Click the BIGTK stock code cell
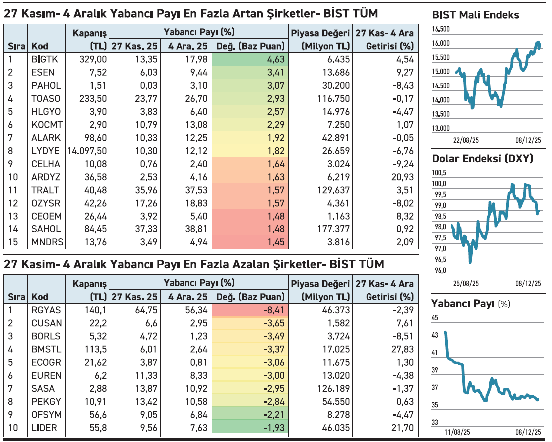coord(45,60)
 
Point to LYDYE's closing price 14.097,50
coord(87,151)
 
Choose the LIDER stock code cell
coord(44,428)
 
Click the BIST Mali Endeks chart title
coord(475,15)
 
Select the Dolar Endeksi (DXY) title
coord(482,159)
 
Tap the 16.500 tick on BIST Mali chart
coord(441,30)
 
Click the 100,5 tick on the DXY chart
coord(439,173)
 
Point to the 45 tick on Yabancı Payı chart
coord(435,317)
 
